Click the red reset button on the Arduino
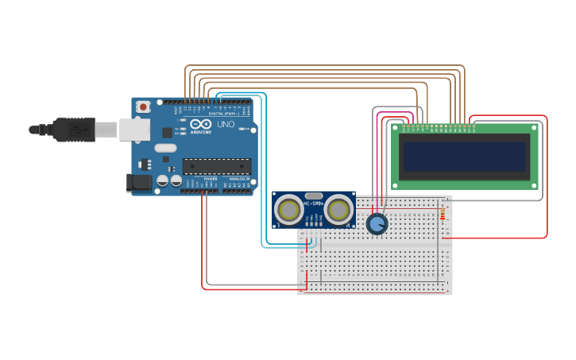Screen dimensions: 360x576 pyautogui.click(x=143, y=106)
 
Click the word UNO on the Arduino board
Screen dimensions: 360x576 pyautogui.click(x=226, y=124)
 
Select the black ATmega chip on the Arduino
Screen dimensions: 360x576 pyautogui.click(x=217, y=166)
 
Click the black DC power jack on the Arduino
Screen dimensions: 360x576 pyautogui.click(x=139, y=183)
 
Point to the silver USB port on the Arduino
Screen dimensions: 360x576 pyautogui.click(x=134, y=130)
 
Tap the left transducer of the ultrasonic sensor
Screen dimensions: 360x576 pyautogui.click(x=288, y=210)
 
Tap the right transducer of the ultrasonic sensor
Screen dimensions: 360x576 pyautogui.click(x=339, y=210)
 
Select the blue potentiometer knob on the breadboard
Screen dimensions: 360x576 pyautogui.click(x=377, y=224)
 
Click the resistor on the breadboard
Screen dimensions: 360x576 pyautogui.click(x=443, y=213)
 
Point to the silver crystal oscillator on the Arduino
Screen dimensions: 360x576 pyautogui.click(x=165, y=148)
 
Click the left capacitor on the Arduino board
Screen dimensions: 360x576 pyautogui.click(x=163, y=181)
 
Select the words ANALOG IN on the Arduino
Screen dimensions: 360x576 pyautogui.click(x=238, y=180)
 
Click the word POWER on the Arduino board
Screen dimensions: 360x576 pyautogui.click(x=211, y=180)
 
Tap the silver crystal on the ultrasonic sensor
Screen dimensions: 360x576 pyautogui.click(x=314, y=195)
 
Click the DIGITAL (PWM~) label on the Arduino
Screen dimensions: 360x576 pyautogui.click(x=222, y=114)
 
